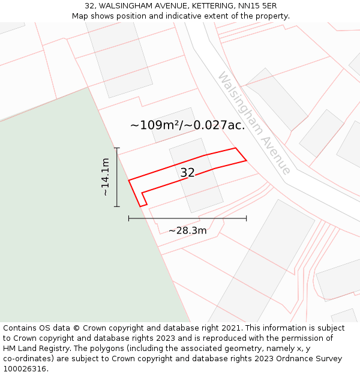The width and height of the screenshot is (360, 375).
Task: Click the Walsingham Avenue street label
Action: (254, 123)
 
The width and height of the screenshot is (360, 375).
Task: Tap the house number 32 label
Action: (188, 173)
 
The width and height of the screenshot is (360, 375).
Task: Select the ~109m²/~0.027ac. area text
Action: (188, 125)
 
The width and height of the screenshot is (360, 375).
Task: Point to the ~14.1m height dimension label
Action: (106, 177)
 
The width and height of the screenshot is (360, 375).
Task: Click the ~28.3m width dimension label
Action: (187, 231)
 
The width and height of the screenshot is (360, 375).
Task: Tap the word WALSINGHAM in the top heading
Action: (128, 6)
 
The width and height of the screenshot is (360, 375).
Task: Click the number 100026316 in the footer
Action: (24, 369)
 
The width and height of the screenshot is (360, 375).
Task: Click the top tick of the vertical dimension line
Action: (117, 148)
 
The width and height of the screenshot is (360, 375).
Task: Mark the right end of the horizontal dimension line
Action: (246, 218)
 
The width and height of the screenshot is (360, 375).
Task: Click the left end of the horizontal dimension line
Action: (129, 218)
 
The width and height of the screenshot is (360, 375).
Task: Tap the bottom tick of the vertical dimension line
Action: (117, 207)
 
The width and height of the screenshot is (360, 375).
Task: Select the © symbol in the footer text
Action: (76, 328)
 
